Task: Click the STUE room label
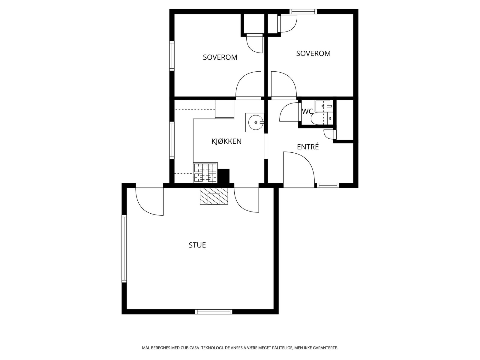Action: (197, 245)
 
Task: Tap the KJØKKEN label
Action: (226, 141)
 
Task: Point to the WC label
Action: (307, 111)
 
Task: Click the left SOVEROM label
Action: (220, 57)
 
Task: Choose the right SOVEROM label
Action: (313, 53)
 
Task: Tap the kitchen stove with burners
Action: (205, 172)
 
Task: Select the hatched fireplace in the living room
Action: (214, 196)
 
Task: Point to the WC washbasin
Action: (323, 106)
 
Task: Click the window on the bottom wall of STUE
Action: (214, 312)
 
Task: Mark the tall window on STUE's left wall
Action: (124, 248)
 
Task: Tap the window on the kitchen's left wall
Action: (172, 140)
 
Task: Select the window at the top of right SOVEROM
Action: (303, 11)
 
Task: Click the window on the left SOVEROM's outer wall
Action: (172, 56)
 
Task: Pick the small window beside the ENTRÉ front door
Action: (328, 185)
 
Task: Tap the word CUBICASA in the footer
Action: (190, 348)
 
